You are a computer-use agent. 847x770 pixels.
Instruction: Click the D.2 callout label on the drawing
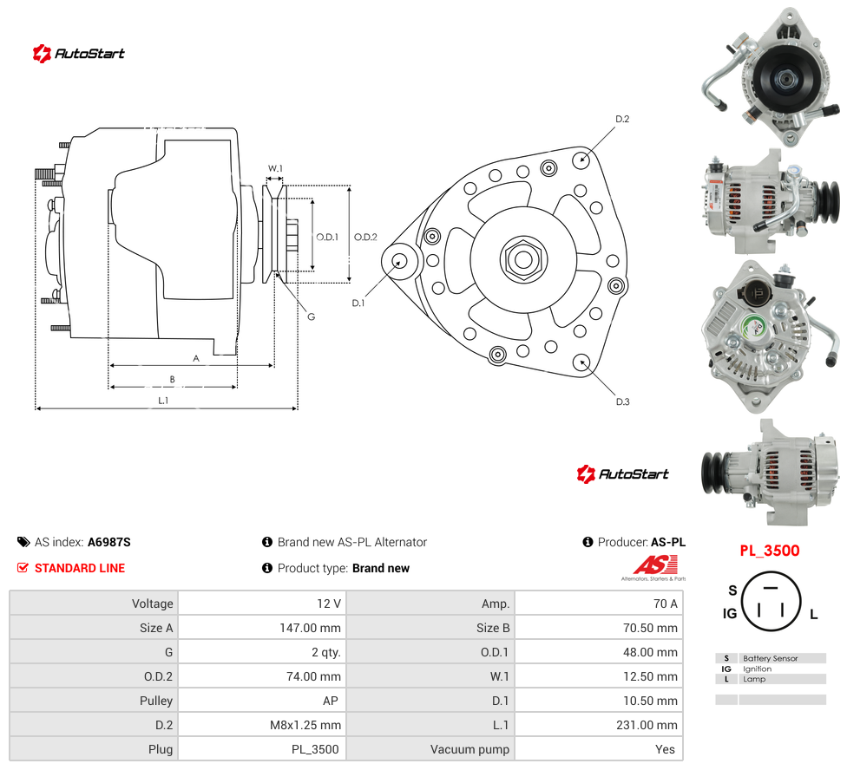point(622,119)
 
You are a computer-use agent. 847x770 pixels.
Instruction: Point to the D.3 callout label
point(622,401)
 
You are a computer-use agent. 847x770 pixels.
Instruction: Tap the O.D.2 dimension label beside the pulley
point(365,237)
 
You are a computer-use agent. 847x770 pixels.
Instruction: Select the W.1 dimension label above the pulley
point(275,168)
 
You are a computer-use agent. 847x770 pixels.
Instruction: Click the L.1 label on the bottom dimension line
point(163,401)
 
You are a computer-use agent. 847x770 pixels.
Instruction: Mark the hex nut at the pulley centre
point(523,259)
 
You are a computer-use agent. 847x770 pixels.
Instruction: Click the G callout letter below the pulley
point(312,316)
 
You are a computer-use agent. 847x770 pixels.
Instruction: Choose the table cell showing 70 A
point(665,604)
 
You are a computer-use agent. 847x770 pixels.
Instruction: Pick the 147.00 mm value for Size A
point(310,628)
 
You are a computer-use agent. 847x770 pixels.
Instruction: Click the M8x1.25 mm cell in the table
point(305,725)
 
